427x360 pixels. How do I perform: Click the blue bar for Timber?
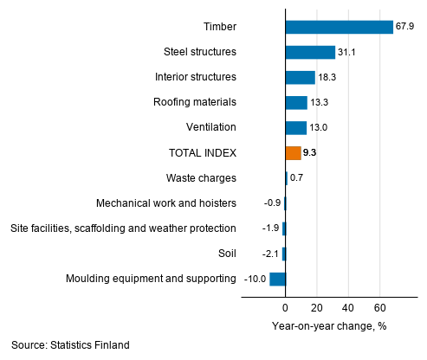(x=339, y=28)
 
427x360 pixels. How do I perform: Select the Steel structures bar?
(x=310, y=53)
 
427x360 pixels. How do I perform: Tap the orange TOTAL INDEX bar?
(x=293, y=153)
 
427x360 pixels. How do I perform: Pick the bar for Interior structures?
(x=300, y=78)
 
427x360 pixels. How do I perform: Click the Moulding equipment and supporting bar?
(x=277, y=279)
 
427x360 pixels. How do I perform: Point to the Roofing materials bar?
(x=296, y=103)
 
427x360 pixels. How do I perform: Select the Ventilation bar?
(x=295, y=128)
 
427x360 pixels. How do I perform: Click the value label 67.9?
(x=406, y=28)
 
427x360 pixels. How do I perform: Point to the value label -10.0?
(x=254, y=279)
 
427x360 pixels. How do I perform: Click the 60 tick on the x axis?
(x=379, y=308)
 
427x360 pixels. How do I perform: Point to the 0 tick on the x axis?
(x=285, y=308)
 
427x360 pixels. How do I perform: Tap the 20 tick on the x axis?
(x=317, y=308)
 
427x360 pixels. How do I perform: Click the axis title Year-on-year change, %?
(x=329, y=326)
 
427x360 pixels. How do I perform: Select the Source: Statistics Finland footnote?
(x=70, y=345)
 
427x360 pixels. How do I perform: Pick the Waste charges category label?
(x=201, y=178)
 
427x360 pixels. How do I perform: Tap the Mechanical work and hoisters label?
(x=166, y=203)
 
